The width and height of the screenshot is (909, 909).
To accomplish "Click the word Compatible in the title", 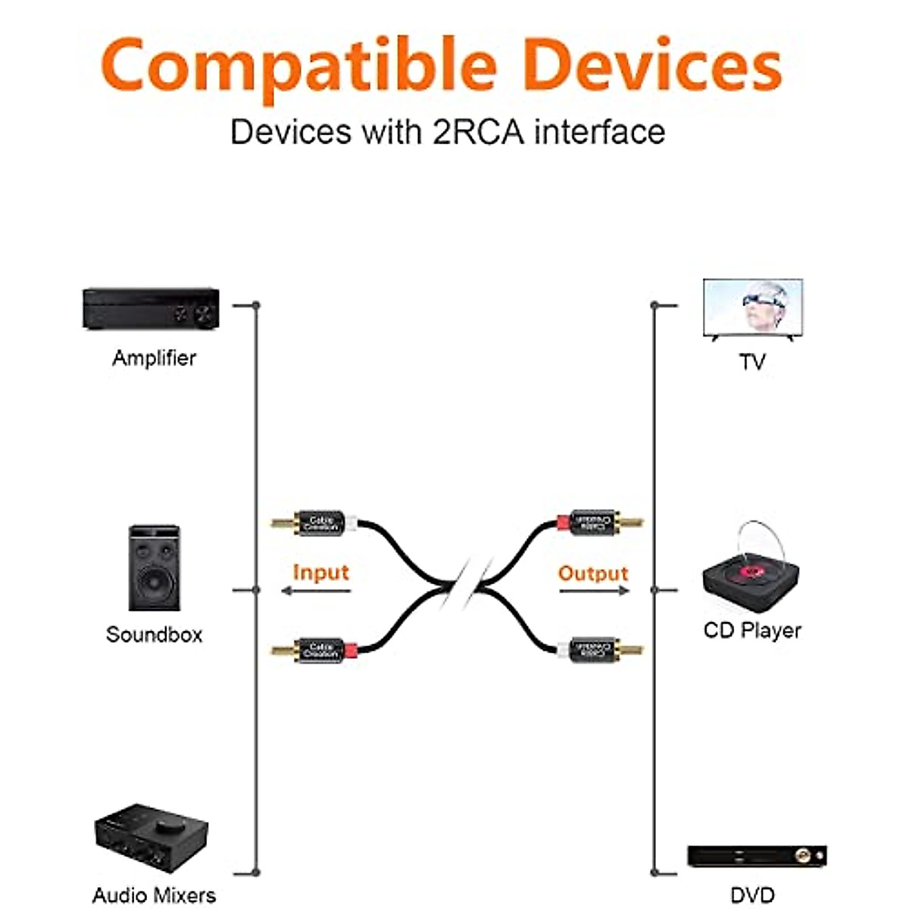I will (298, 67).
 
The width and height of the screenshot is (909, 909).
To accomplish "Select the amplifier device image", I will (151, 308).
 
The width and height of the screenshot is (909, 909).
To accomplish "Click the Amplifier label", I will (154, 358).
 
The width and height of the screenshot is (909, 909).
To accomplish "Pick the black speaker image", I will (155, 568).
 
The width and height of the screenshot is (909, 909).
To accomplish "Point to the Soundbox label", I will (154, 634).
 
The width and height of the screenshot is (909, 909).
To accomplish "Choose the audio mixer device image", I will (151, 839).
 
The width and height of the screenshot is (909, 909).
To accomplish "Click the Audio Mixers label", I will (154, 895).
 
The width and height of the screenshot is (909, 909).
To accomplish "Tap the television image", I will (753, 309).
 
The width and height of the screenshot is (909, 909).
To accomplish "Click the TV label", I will (752, 362).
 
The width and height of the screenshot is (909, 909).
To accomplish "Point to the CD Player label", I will (752, 630).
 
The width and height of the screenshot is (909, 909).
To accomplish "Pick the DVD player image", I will (756, 857).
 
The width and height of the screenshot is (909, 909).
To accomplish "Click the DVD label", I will (752, 895).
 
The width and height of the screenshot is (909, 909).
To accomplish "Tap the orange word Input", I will (320, 572).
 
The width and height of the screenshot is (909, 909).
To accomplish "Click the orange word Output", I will (593, 573).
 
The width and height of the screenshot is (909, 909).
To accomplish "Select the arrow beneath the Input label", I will (315, 590).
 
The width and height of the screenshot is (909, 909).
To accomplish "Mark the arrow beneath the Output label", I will (594, 590).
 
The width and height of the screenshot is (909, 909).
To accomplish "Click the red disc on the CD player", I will (752, 569).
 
